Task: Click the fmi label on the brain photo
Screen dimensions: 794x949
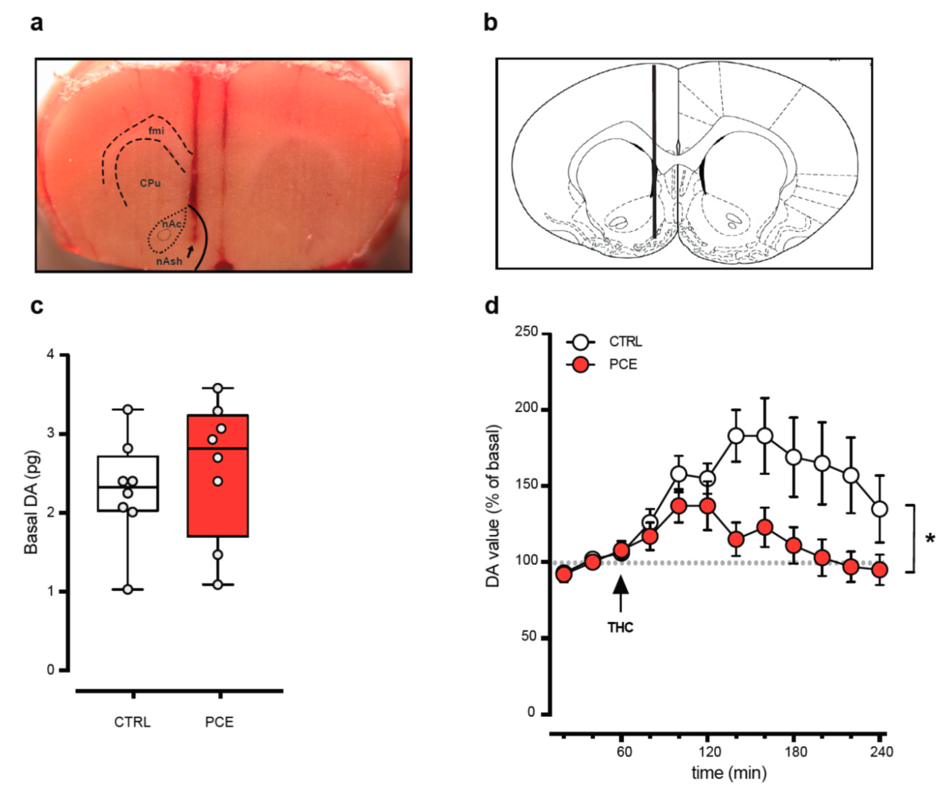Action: coord(156,131)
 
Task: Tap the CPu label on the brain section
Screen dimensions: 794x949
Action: coord(150,183)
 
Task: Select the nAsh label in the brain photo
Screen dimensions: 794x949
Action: coord(170,261)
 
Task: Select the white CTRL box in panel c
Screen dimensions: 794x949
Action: coord(128,483)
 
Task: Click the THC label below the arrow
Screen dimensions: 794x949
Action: coord(621,627)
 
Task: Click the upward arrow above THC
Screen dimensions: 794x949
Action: coord(621,592)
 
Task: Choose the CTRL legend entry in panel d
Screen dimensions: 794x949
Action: coord(625,341)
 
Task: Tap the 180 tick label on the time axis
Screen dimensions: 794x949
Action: coord(795,752)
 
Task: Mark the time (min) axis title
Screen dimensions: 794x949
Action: coord(729,773)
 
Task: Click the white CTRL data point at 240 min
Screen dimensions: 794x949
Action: coord(879,509)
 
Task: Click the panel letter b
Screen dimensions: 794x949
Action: coord(491,23)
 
